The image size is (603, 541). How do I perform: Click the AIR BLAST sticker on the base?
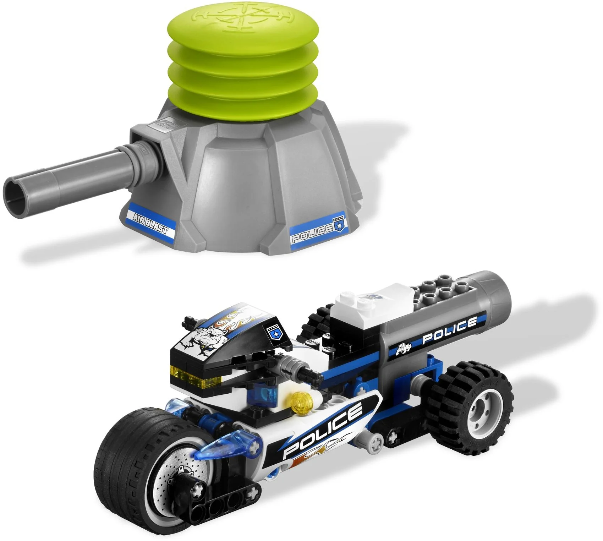[x=150, y=222]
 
